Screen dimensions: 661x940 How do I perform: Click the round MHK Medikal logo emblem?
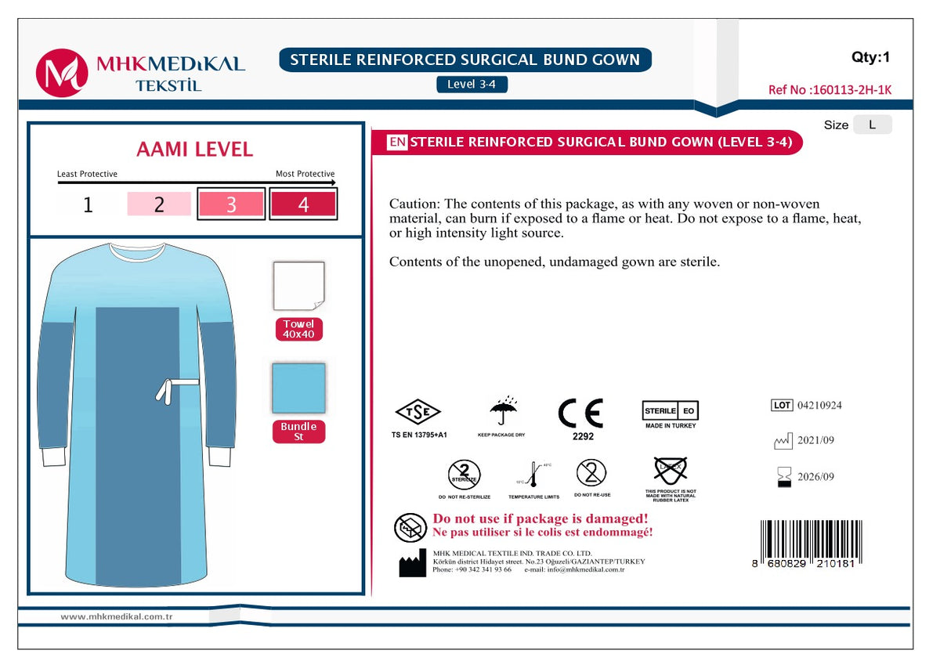tap(61, 73)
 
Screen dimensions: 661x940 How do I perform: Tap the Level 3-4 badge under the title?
tap(472, 84)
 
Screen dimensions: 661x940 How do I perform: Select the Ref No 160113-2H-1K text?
tap(830, 90)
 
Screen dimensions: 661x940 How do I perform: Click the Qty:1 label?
tap(870, 57)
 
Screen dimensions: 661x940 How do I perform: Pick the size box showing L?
tap(872, 125)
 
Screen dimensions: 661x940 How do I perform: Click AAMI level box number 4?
tap(303, 205)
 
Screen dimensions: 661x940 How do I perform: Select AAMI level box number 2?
tap(159, 205)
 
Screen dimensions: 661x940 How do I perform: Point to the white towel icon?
tap(298, 287)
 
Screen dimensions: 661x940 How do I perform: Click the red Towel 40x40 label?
tap(298, 330)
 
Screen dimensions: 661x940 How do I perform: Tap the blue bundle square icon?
tap(298, 388)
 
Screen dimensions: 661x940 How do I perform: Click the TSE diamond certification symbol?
tap(418, 412)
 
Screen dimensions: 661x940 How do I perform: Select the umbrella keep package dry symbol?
tap(502, 411)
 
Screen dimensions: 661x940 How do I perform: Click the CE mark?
tap(580, 414)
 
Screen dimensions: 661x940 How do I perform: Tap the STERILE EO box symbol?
tap(671, 411)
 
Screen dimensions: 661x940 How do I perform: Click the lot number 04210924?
tap(819, 406)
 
